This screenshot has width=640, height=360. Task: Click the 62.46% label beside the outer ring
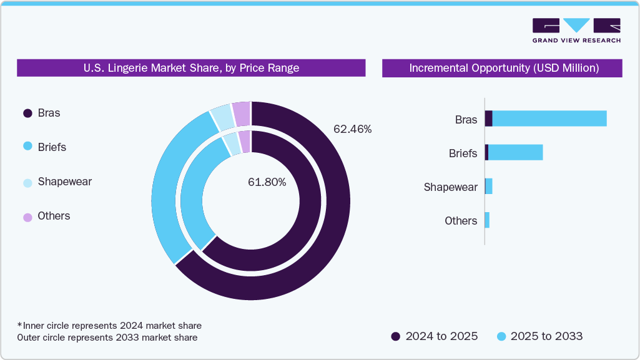click(x=352, y=130)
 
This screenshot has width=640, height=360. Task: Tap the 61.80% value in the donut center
click(x=267, y=182)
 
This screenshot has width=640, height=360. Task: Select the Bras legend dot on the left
click(x=27, y=114)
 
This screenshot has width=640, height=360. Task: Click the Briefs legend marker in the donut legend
click(x=27, y=147)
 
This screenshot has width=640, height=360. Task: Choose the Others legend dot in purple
click(x=27, y=216)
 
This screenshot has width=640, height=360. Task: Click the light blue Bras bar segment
click(x=549, y=119)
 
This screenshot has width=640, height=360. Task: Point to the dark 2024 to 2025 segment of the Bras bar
click(x=489, y=119)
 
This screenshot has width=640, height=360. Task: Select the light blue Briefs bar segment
click(x=515, y=152)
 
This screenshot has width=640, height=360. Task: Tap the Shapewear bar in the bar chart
click(x=489, y=186)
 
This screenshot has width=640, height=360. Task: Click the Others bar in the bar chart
click(x=487, y=220)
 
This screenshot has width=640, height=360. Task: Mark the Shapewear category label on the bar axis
click(x=450, y=187)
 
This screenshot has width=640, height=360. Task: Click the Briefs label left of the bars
click(x=463, y=153)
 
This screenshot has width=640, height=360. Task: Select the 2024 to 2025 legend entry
click(x=435, y=336)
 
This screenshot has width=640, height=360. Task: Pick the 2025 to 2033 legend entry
click(x=539, y=336)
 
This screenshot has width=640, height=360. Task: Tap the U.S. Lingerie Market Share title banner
click(x=191, y=68)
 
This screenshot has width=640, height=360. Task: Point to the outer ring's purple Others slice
click(x=242, y=114)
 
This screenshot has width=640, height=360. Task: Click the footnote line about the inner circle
click(x=109, y=326)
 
